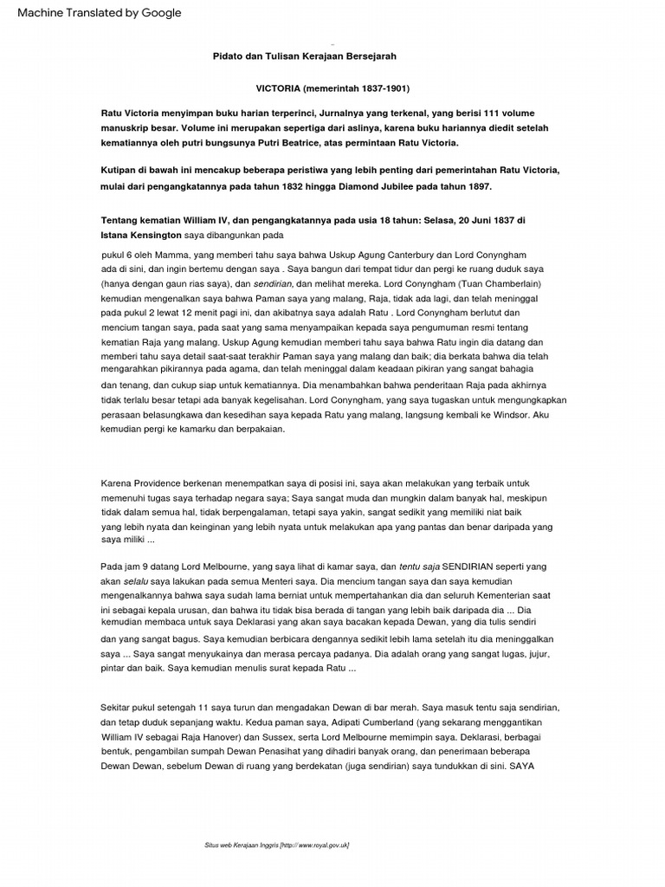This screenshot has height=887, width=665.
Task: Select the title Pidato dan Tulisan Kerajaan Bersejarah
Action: pyautogui.click(x=304, y=55)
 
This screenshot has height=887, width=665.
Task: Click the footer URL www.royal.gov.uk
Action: pyautogui.click(x=319, y=845)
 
